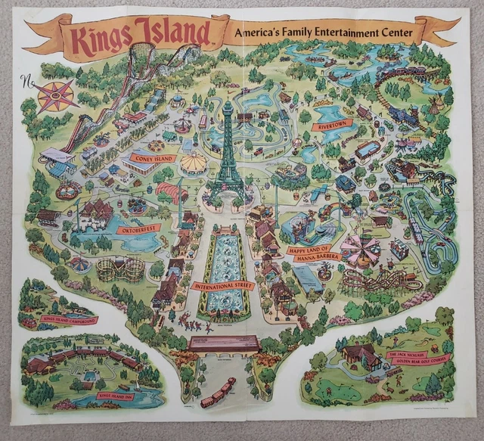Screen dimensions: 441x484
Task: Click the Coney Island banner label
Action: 154,159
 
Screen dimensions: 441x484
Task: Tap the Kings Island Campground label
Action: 70,320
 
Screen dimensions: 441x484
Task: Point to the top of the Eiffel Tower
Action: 228,101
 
